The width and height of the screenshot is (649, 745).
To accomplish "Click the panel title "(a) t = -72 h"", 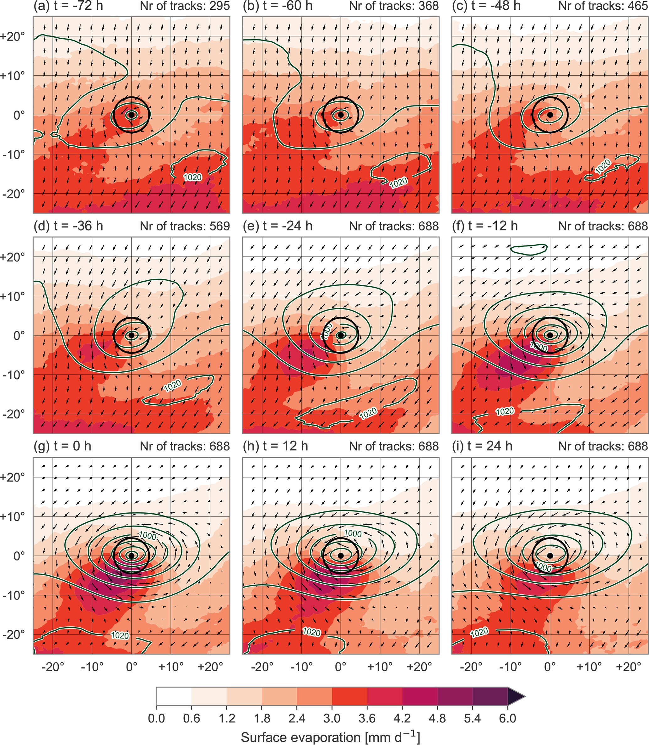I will click(68, 6).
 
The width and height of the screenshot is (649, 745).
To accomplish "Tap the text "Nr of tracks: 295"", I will click(185, 6).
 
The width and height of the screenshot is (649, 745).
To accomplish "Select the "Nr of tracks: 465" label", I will click(603, 6).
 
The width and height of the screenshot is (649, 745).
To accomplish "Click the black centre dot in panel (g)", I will click(132, 556).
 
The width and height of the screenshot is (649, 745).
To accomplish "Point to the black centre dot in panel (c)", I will click(550, 115).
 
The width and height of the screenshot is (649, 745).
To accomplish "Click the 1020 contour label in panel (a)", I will click(193, 177).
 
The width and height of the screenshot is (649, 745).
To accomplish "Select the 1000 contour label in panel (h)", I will click(353, 533).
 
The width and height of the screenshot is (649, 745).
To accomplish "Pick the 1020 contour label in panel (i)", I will click(479, 632).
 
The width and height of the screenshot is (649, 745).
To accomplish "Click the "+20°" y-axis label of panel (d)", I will click(13, 257).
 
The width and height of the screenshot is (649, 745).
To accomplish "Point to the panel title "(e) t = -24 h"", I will click(278, 226).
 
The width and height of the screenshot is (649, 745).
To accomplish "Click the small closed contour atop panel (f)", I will click(529, 249).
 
